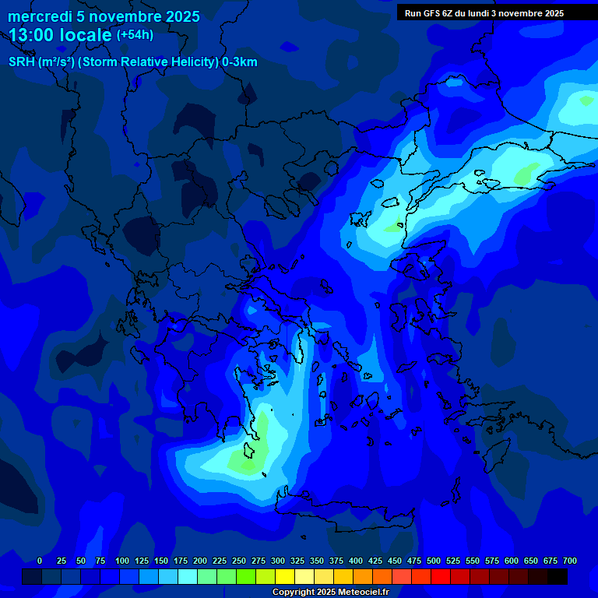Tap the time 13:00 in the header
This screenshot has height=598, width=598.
tap(33, 35)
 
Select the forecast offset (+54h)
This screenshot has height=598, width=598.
tap(135, 35)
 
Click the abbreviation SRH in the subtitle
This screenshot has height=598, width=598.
tap(22, 62)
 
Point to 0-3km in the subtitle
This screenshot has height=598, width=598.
tap(240, 62)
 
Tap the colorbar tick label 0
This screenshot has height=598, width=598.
tap(40, 561)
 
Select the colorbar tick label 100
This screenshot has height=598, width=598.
tap(122, 561)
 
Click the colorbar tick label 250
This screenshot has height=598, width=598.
tap(239, 561)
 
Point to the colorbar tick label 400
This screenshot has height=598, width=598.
tap(356, 561)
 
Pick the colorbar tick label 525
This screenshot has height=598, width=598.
tap(453, 561)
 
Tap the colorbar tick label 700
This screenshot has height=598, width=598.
tap(570, 561)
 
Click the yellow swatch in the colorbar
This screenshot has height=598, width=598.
tap(285, 577)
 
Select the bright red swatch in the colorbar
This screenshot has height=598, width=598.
tap(441, 577)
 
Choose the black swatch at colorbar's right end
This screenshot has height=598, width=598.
tap(558, 577)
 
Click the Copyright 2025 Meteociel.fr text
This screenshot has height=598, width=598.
tap(330, 592)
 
